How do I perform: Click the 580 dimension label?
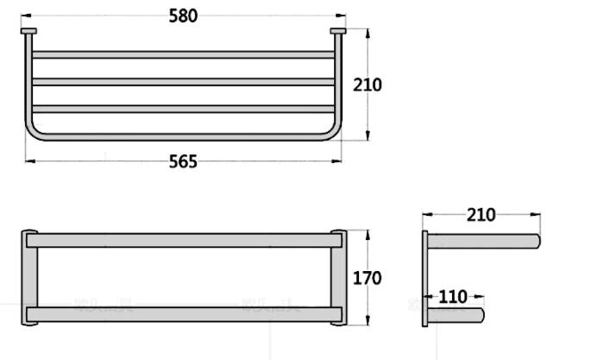point(183,16)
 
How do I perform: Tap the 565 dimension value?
point(183,161)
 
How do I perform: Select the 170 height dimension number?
point(367,278)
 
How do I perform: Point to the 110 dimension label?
point(453,297)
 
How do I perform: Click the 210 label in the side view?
point(481,214)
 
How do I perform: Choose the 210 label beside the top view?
point(367,85)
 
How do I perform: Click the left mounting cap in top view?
point(28,32)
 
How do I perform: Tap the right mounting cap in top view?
point(337,32)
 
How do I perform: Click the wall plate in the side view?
point(425,278)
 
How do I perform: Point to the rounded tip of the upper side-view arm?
point(536,240)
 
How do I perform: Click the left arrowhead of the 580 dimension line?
point(24,16)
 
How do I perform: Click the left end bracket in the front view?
point(29,278)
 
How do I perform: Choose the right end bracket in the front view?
point(337,278)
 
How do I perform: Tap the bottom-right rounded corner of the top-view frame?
point(332,132)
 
